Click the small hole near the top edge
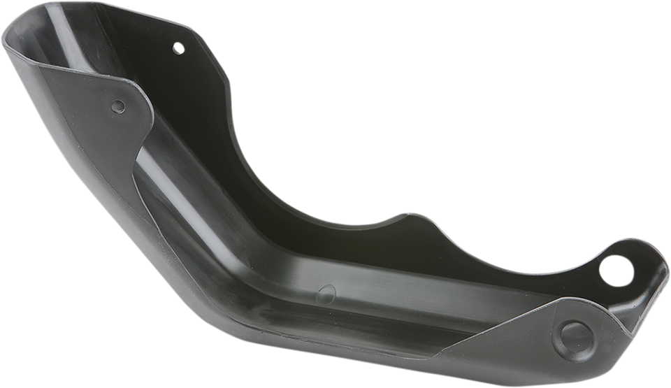(178, 48)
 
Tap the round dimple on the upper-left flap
(118, 106)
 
